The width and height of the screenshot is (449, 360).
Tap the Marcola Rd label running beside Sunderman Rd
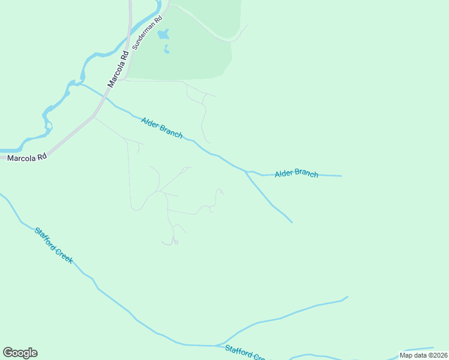pos(117,68)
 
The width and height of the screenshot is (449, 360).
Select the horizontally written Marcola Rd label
pos(26,158)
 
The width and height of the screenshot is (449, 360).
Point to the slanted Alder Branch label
pos(162,128)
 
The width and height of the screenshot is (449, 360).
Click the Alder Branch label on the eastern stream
pos(297,174)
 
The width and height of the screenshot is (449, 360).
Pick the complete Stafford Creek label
pos(53,245)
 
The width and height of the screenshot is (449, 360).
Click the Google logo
pos(20,353)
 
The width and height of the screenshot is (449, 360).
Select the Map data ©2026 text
pos(424,355)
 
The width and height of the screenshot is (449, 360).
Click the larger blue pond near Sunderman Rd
pos(163,34)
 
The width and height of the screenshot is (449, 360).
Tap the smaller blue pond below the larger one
pos(166,50)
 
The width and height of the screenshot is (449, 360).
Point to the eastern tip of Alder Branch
pos(341,176)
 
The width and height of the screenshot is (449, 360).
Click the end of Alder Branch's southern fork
pos(292,222)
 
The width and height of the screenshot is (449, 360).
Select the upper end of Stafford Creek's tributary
pos(348,296)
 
